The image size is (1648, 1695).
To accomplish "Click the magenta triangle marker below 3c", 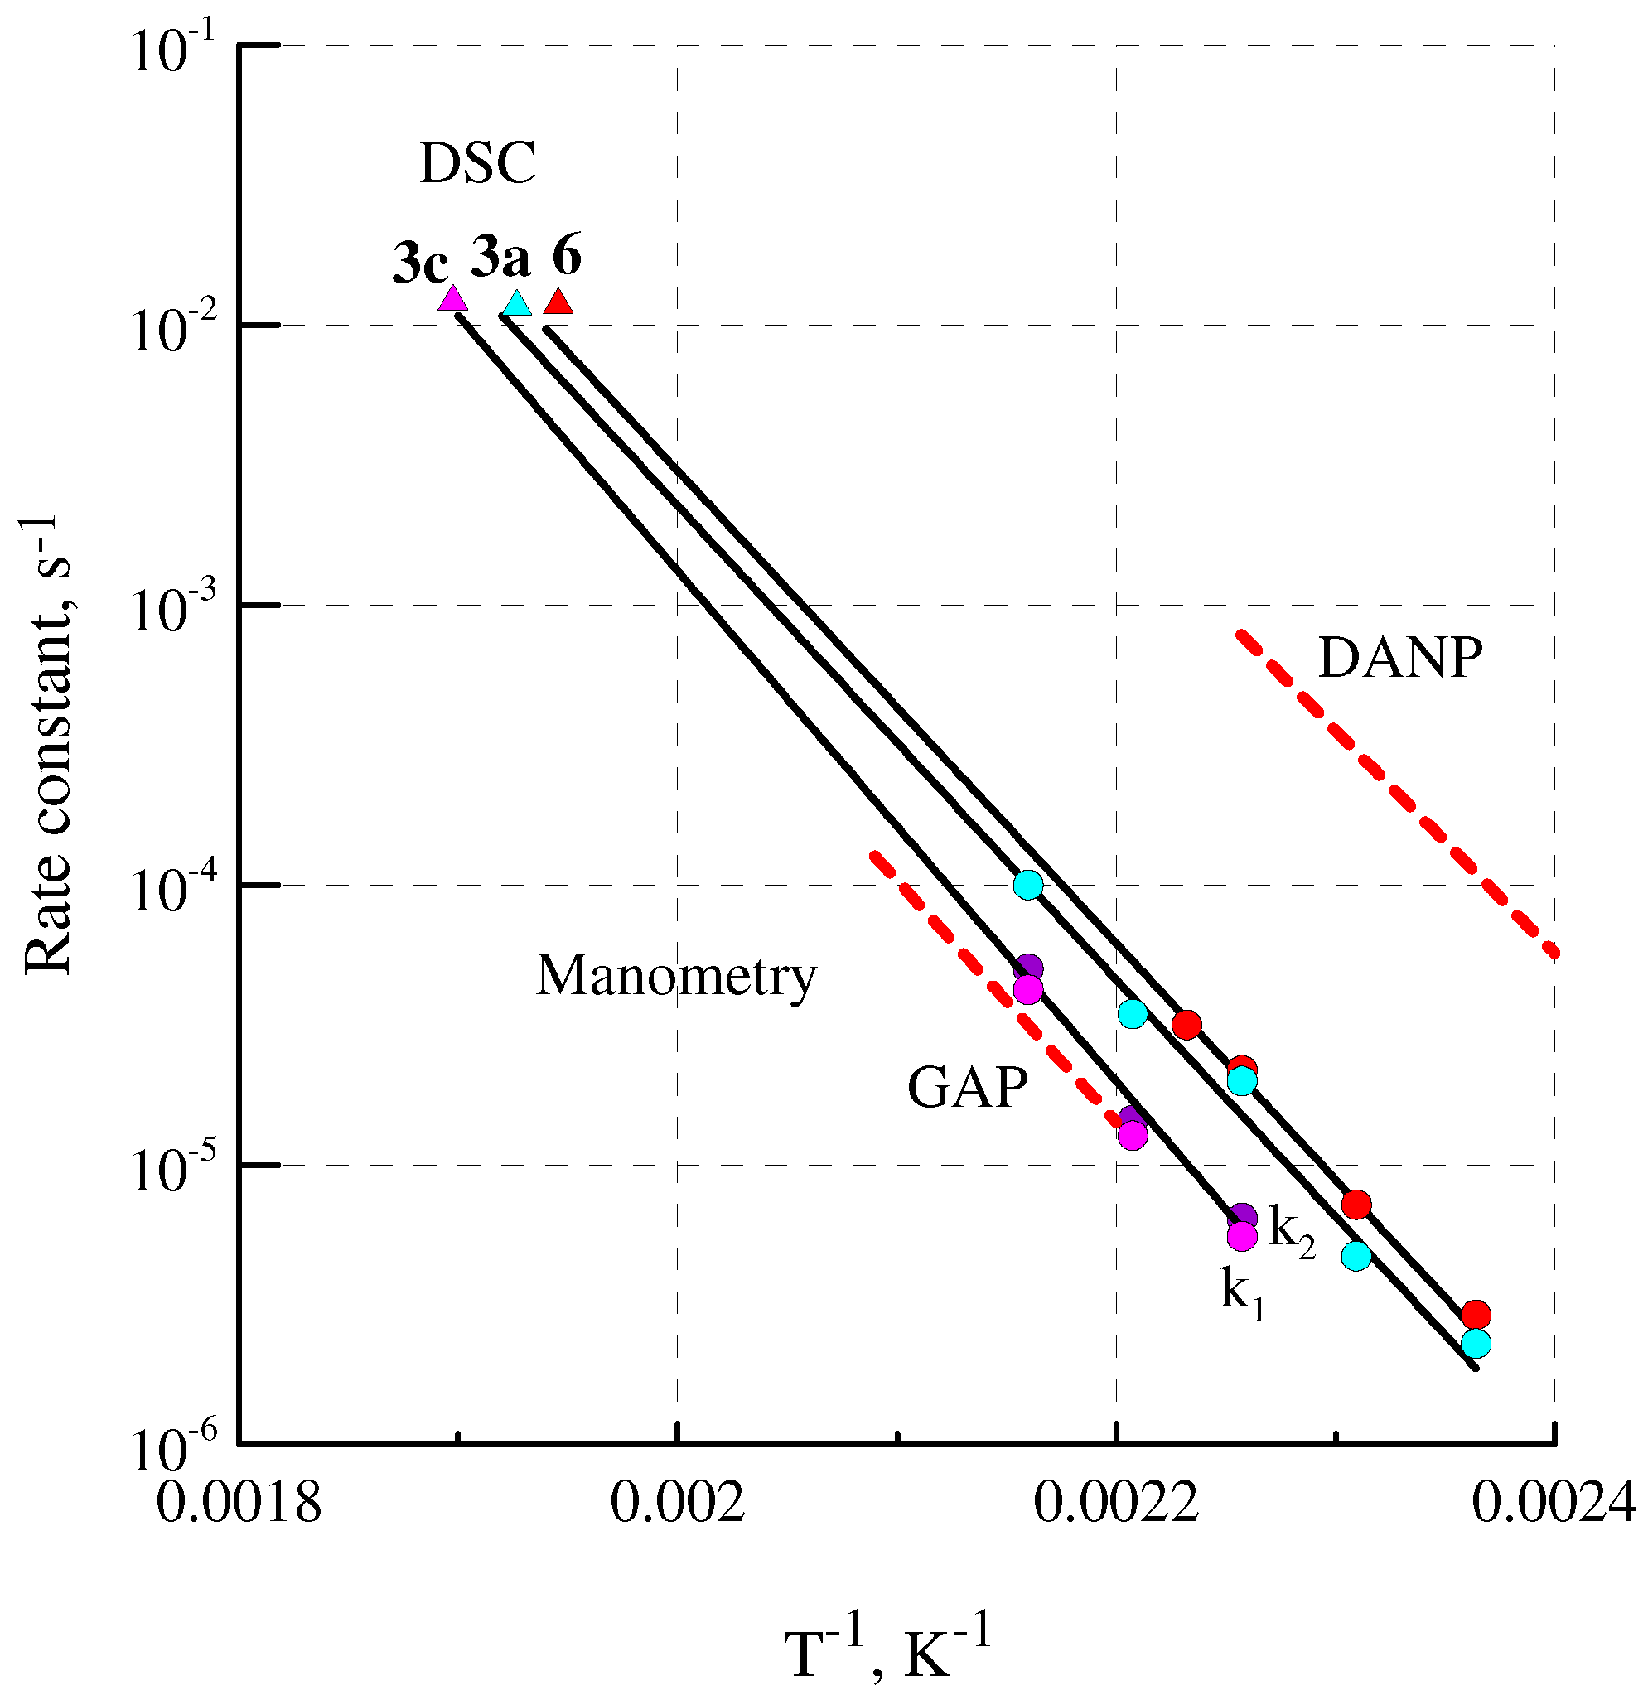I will (x=452, y=300).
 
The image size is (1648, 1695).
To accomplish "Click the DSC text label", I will (x=478, y=162).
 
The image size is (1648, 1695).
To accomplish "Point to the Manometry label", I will (x=676, y=976).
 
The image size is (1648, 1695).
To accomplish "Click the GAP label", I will (x=968, y=1088).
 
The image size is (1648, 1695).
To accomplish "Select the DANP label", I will (x=1400, y=659).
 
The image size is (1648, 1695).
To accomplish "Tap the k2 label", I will (x=1292, y=1229).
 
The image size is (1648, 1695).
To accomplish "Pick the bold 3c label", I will (x=421, y=263).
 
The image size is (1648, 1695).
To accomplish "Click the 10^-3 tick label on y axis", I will (x=172, y=611).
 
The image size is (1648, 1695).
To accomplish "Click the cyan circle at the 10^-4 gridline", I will (x=1027, y=885).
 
